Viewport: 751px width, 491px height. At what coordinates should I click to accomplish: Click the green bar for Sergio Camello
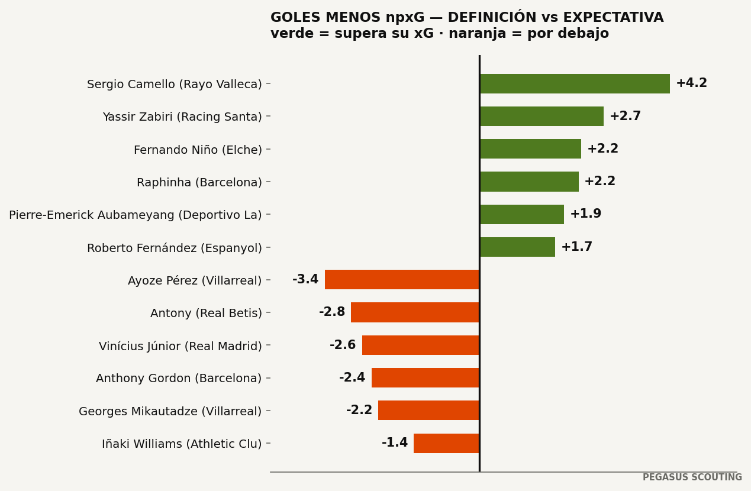tap(575, 84)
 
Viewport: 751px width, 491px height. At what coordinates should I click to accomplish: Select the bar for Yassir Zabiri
tap(542, 117)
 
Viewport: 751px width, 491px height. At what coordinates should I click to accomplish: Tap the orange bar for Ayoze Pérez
tap(402, 280)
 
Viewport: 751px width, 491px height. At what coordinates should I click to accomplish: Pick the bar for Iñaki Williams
tap(447, 443)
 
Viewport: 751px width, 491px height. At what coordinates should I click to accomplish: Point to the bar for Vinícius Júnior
tap(421, 345)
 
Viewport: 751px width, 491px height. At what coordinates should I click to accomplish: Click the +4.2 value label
tap(692, 83)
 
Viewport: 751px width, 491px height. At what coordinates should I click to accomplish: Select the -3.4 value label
tap(305, 279)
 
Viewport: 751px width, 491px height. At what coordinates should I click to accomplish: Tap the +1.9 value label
tap(586, 214)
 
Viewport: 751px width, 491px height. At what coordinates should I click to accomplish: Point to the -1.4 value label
tap(395, 442)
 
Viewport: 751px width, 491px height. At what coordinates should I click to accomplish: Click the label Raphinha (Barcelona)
tap(199, 182)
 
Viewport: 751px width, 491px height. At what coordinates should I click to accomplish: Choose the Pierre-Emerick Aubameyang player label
tap(135, 215)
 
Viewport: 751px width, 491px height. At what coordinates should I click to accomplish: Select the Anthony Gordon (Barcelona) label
tap(179, 378)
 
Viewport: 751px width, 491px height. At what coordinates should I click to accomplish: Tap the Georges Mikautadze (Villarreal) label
tap(170, 411)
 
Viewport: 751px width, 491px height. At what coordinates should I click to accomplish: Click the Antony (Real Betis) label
tap(206, 313)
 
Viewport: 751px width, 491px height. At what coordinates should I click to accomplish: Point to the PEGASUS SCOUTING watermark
tap(692, 477)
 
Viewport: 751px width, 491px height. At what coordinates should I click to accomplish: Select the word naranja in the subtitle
tap(477, 34)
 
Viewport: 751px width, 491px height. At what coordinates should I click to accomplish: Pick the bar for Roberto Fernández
tap(517, 247)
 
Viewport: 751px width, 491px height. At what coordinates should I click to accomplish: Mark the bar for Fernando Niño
tap(530, 149)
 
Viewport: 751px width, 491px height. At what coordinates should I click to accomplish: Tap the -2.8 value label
tap(332, 312)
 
